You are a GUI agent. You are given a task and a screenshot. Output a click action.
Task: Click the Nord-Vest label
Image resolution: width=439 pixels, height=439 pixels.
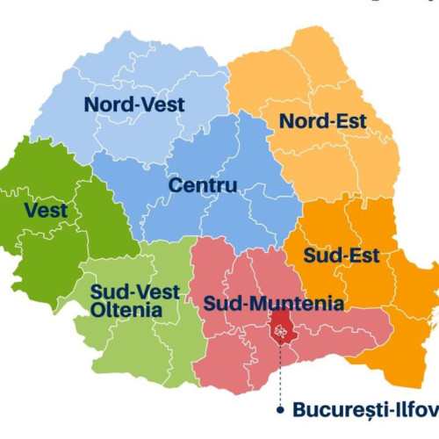tap(134, 104)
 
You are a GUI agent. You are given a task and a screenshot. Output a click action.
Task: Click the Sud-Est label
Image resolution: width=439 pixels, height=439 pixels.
tap(342, 256)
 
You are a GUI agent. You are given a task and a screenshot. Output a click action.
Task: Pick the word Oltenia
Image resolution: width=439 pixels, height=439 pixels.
tap(126, 309)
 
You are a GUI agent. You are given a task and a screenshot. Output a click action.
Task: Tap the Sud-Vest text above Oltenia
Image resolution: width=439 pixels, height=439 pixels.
tap(136, 291)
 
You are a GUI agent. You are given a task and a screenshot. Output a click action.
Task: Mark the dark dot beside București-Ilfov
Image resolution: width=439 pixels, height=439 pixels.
tap(280, 409)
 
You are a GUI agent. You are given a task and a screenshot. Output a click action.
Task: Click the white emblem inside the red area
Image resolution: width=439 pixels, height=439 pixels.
tap(281, 332)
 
